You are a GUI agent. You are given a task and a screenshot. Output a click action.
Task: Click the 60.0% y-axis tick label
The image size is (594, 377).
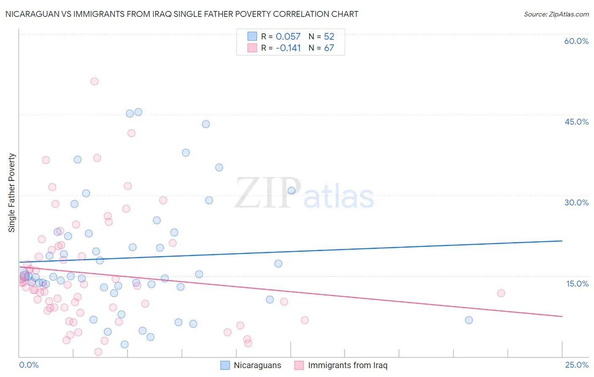(576, 41)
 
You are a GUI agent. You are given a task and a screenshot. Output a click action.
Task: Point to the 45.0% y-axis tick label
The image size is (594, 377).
(576, 122)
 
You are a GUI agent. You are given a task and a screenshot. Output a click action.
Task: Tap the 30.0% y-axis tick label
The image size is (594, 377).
(576, 202)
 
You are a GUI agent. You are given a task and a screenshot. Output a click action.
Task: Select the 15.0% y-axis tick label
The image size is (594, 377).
(577, 284)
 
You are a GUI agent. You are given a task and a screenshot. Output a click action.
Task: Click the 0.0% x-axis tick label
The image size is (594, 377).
(29, 365)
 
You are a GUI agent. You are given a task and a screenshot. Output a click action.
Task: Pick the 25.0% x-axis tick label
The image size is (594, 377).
(577, 365)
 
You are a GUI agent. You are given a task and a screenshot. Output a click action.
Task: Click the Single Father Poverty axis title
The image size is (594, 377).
(12, 193)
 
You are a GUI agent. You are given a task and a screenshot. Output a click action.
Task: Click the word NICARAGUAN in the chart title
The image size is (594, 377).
(32, 14)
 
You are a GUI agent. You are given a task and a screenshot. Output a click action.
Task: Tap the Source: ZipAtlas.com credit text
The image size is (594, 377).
(556, 14)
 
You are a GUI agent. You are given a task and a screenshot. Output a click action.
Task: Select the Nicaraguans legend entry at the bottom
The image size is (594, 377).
(251, 366)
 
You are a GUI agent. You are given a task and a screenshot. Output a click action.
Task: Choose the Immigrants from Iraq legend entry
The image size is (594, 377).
(341, 366)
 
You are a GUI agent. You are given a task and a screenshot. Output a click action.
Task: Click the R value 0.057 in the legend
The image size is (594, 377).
(288, 36)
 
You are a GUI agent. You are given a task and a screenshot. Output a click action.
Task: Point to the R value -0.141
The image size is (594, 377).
(288, 48)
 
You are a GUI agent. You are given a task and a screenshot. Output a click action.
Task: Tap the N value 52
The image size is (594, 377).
(329, 36)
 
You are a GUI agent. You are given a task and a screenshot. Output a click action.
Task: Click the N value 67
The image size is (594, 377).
(329, 48)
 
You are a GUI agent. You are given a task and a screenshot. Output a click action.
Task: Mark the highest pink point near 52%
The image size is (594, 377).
(95, 81)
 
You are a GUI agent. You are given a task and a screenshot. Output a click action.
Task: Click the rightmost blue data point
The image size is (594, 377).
(469, 320)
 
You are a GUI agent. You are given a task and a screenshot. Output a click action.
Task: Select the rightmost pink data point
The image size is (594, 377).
(501, 293)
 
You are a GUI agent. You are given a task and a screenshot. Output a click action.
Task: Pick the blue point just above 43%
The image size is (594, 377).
(206, 124)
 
